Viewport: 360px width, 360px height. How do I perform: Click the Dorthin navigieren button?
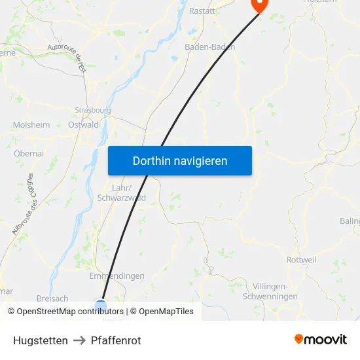[x=180, y=160]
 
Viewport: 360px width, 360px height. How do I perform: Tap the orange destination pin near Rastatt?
[x=260, y=4]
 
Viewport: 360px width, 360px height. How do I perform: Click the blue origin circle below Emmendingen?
[x=100, y=304]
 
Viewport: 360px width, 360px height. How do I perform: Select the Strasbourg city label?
[x=93, y=111]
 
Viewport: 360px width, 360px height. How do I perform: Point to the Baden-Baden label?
[x=209, y=47]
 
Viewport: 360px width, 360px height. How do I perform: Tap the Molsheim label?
[x=31, y=125]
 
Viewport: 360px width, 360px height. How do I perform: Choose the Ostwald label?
[x=83, y=125]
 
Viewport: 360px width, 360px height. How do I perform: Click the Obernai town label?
[x=28, y=153]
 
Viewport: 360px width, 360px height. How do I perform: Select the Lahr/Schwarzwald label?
[x=121, y=192]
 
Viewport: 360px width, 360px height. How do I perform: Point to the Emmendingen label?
[x=117, y=276]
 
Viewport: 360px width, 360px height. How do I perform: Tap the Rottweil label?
[x=301, y=260]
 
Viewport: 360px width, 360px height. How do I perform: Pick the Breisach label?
[x=52, y=298]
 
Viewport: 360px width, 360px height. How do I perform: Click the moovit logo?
[x=321, y=340]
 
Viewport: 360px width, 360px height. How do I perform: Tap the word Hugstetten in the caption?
[x=41, y=340]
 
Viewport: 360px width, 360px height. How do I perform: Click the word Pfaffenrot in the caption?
[x=116, y=340]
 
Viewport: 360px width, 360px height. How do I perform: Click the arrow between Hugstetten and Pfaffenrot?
[x=79, y=340]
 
